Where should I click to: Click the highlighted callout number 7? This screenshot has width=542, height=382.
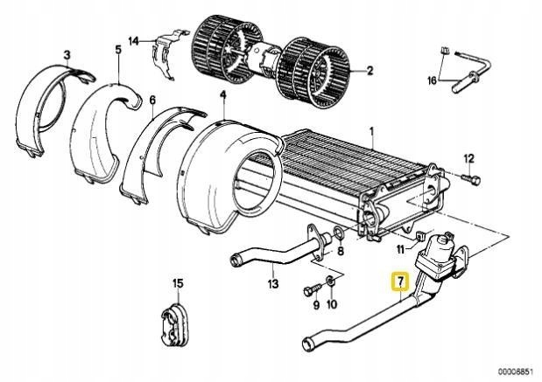click(x=400, y=281)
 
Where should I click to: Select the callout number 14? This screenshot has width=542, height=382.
click(x=133, y=40)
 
